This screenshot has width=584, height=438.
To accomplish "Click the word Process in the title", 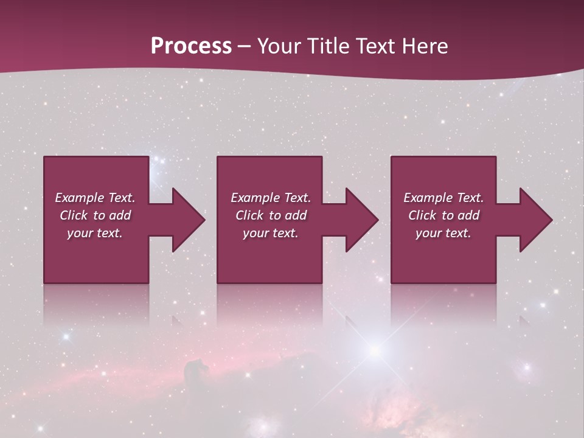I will (x=191, y=46).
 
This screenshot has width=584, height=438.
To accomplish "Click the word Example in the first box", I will (x=80, y=198).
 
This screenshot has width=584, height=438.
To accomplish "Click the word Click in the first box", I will (x=74, y=215).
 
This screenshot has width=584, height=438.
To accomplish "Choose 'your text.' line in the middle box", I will (x=270, y=233).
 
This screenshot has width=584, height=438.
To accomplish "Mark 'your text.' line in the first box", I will (x=95, y=233).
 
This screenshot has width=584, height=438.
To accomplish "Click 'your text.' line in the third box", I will (x=443, y=233).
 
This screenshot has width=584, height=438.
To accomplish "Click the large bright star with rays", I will (x=375, y=350).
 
